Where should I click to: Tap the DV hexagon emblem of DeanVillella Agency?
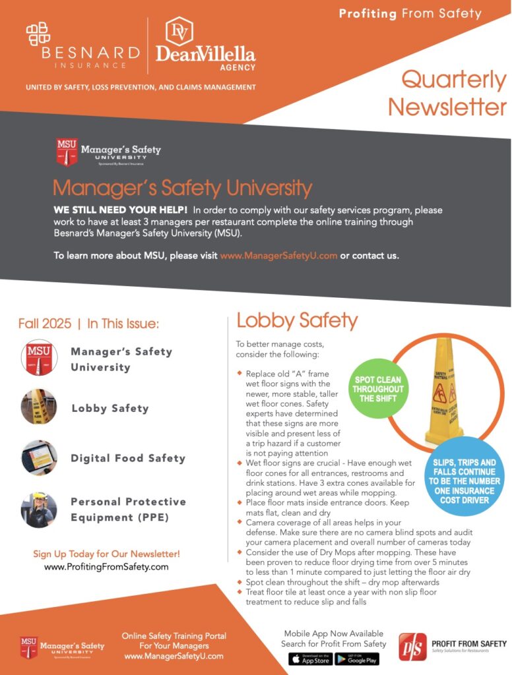[x=178, y=30]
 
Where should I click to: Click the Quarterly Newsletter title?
[x=449, y=93]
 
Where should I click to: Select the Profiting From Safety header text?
[x=410, y=13]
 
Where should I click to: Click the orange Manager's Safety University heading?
[x=182, y=189]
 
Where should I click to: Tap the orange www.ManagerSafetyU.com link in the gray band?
[x=278, y=256]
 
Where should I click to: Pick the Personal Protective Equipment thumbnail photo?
[x=39, y=509]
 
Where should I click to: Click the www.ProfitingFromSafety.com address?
[x=106, y=567]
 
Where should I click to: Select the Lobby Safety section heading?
[x=297, y=321]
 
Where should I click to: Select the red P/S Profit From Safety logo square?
[x=412, y=647]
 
